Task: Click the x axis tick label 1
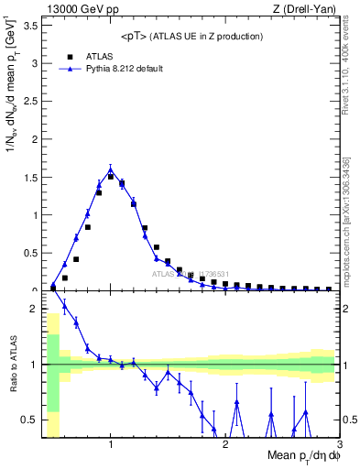[111, 445]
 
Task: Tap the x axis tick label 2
[225, 445]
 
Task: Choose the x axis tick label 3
[338, 445]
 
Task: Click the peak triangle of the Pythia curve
[111, 169]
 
